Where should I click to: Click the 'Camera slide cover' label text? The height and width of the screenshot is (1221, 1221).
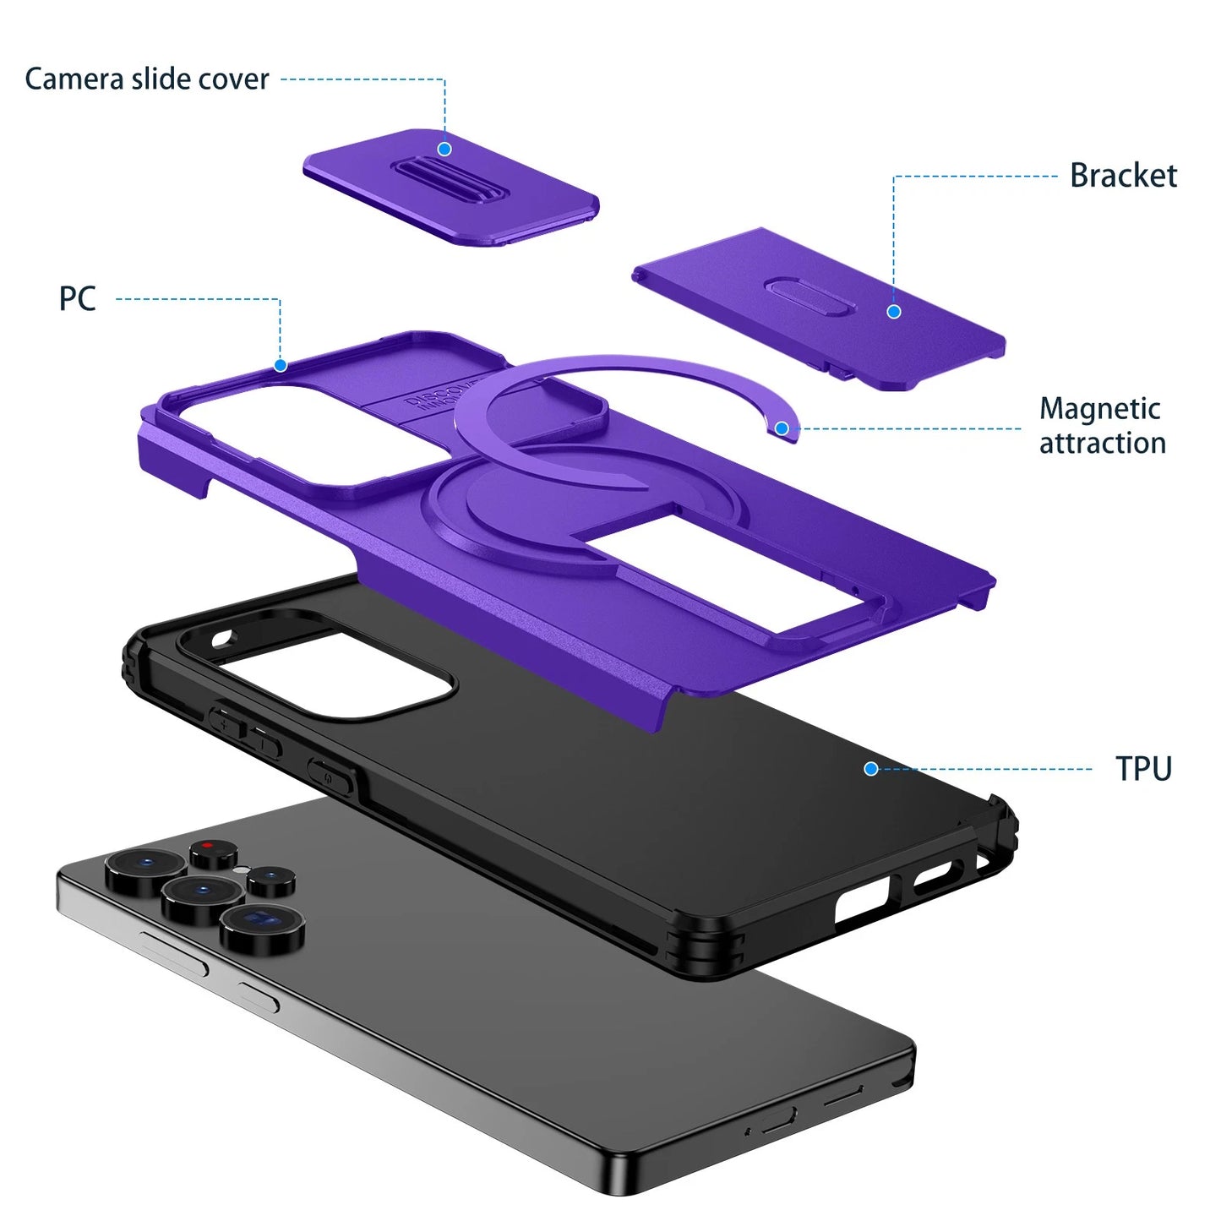[147, 79]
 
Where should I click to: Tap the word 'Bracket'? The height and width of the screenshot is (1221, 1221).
[1123, 176]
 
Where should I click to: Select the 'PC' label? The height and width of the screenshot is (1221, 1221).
[77, 298]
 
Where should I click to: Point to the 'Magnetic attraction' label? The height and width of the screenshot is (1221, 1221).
[1102, 426]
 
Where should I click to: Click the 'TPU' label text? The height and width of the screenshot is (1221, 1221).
[1143, 769]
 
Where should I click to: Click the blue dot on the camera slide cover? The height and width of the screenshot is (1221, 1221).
[444, 150]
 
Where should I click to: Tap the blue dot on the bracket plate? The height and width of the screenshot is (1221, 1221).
[894, 312]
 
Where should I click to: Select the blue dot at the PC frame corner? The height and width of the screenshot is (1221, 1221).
[281, 365]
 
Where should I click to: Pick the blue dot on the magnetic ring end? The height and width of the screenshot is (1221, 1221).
[782, 428]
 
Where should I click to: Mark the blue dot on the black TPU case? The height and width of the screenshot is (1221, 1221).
[871, 768]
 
